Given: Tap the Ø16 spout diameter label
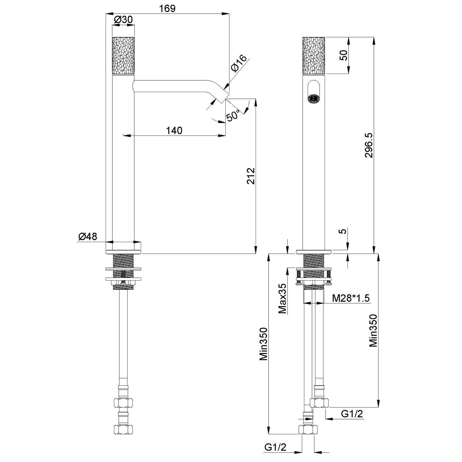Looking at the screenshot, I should pyautogui.click(x=238, y=63).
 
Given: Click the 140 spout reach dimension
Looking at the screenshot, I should pyautogui.click(x=174, y=130).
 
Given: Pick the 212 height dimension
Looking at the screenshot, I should pyautogui.click(x=251, y=176).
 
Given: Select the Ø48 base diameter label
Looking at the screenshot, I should pyautogui.click(x=87, y=237).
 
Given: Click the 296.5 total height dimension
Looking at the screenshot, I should pyautogui.click(x=369, y=145).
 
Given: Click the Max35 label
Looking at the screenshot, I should pyautogui.click(x=282, y=298).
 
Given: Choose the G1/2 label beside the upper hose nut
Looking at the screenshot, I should pyautogui.click(x=352, y=414).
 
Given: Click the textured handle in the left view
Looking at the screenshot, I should pyautogui.click(x=123, y=55).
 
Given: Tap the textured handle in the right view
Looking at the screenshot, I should pyautogui.click(x=314, y=55).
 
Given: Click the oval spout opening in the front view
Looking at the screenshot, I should pyautogui.click(x=314, y=92).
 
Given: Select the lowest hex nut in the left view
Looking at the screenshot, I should pyautogui.click(x=123, y=429).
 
